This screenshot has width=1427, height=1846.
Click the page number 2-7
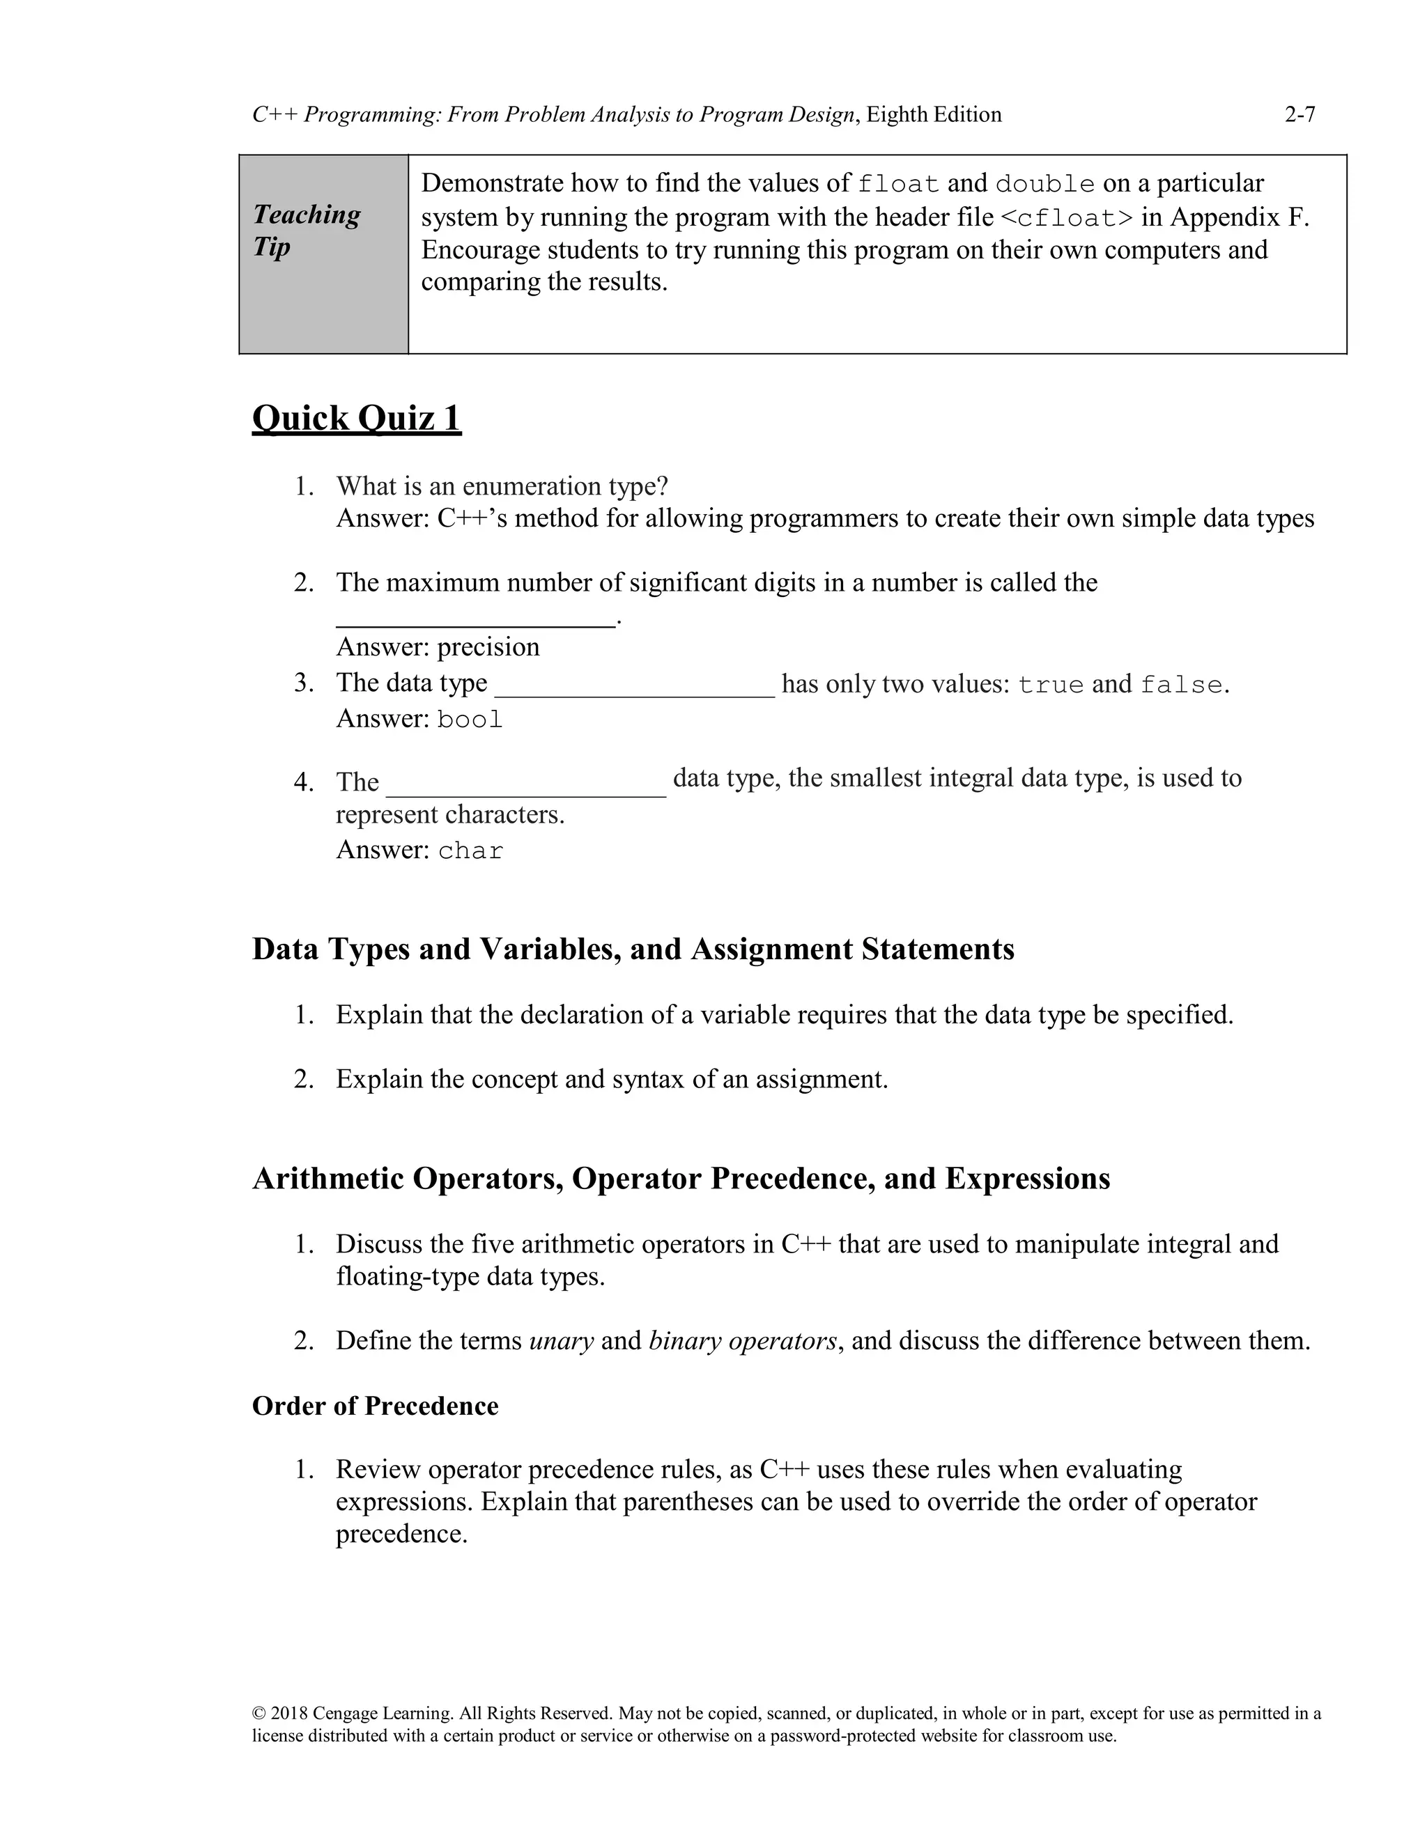[x=1299, y=114]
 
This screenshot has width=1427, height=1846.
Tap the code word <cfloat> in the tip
[x=1066, y=218]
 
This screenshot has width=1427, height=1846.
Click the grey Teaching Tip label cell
[x=324, y=254]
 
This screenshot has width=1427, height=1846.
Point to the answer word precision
[x=488, y=646]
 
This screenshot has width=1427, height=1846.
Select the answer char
[x=470, y=851]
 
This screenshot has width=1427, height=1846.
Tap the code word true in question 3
[x=1050, y=685]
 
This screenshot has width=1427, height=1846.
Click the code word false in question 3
[x=1181, y=685]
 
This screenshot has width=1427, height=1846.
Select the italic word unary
[x=560, y=1340]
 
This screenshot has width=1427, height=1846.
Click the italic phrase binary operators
[x=742, y=1340]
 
